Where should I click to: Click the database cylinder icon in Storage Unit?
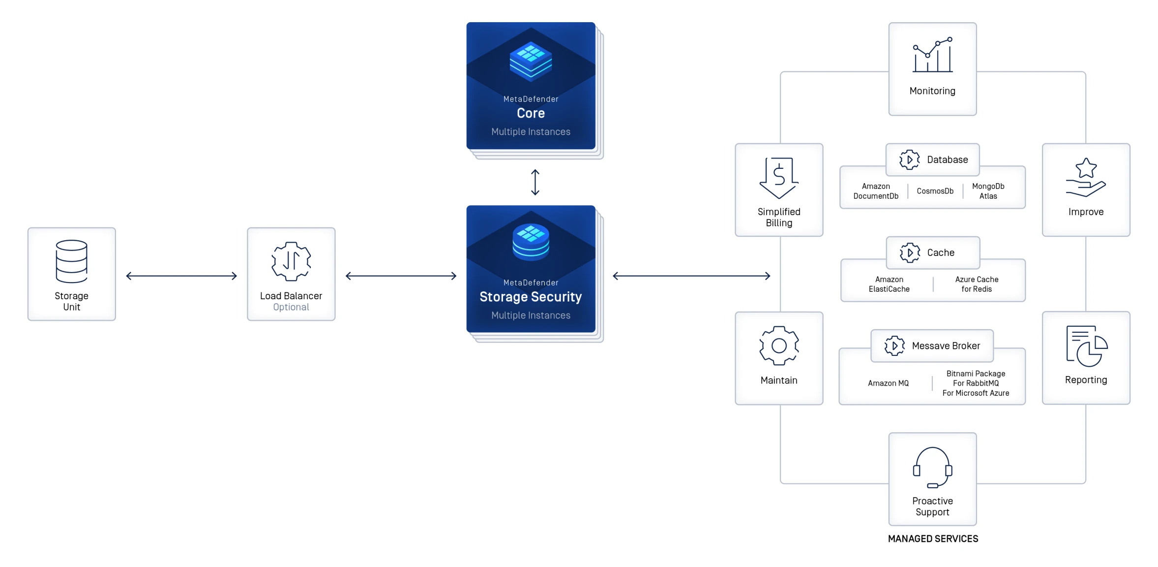[72, 261]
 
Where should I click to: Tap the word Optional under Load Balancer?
[291, 307]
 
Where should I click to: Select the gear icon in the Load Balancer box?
[291, 261]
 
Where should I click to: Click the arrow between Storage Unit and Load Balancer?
[181, 276]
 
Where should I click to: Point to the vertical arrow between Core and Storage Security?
[535, 183]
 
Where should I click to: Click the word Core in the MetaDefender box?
[531, 113]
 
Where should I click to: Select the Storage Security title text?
[531, 297]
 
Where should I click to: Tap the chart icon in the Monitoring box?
[932, 55]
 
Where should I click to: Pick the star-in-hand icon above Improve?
[1086, 178]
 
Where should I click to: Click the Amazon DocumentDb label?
[876, 191]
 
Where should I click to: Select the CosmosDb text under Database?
[935, 191]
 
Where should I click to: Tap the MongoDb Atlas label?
[988, 191]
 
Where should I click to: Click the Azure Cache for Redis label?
[977, 284]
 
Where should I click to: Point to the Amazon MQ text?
[888, 383]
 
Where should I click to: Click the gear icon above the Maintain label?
[779, 346]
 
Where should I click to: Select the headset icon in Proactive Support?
[932, 468]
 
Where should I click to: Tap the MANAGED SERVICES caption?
[933, 539]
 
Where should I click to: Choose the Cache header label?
[940, 252]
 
